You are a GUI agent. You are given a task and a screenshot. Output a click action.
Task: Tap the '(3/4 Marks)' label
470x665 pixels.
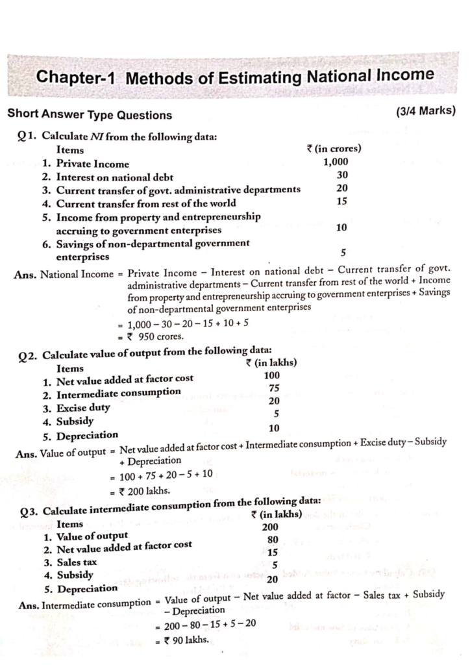pos(425,112)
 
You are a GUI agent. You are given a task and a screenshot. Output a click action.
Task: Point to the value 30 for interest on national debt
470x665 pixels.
pos(342,175)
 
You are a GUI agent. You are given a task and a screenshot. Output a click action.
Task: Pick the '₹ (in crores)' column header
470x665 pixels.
pos(334,149)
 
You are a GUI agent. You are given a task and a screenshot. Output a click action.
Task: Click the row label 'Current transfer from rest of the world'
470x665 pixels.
pos(145,203)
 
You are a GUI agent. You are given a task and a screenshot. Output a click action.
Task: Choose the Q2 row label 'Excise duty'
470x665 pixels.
pos(82,407)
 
